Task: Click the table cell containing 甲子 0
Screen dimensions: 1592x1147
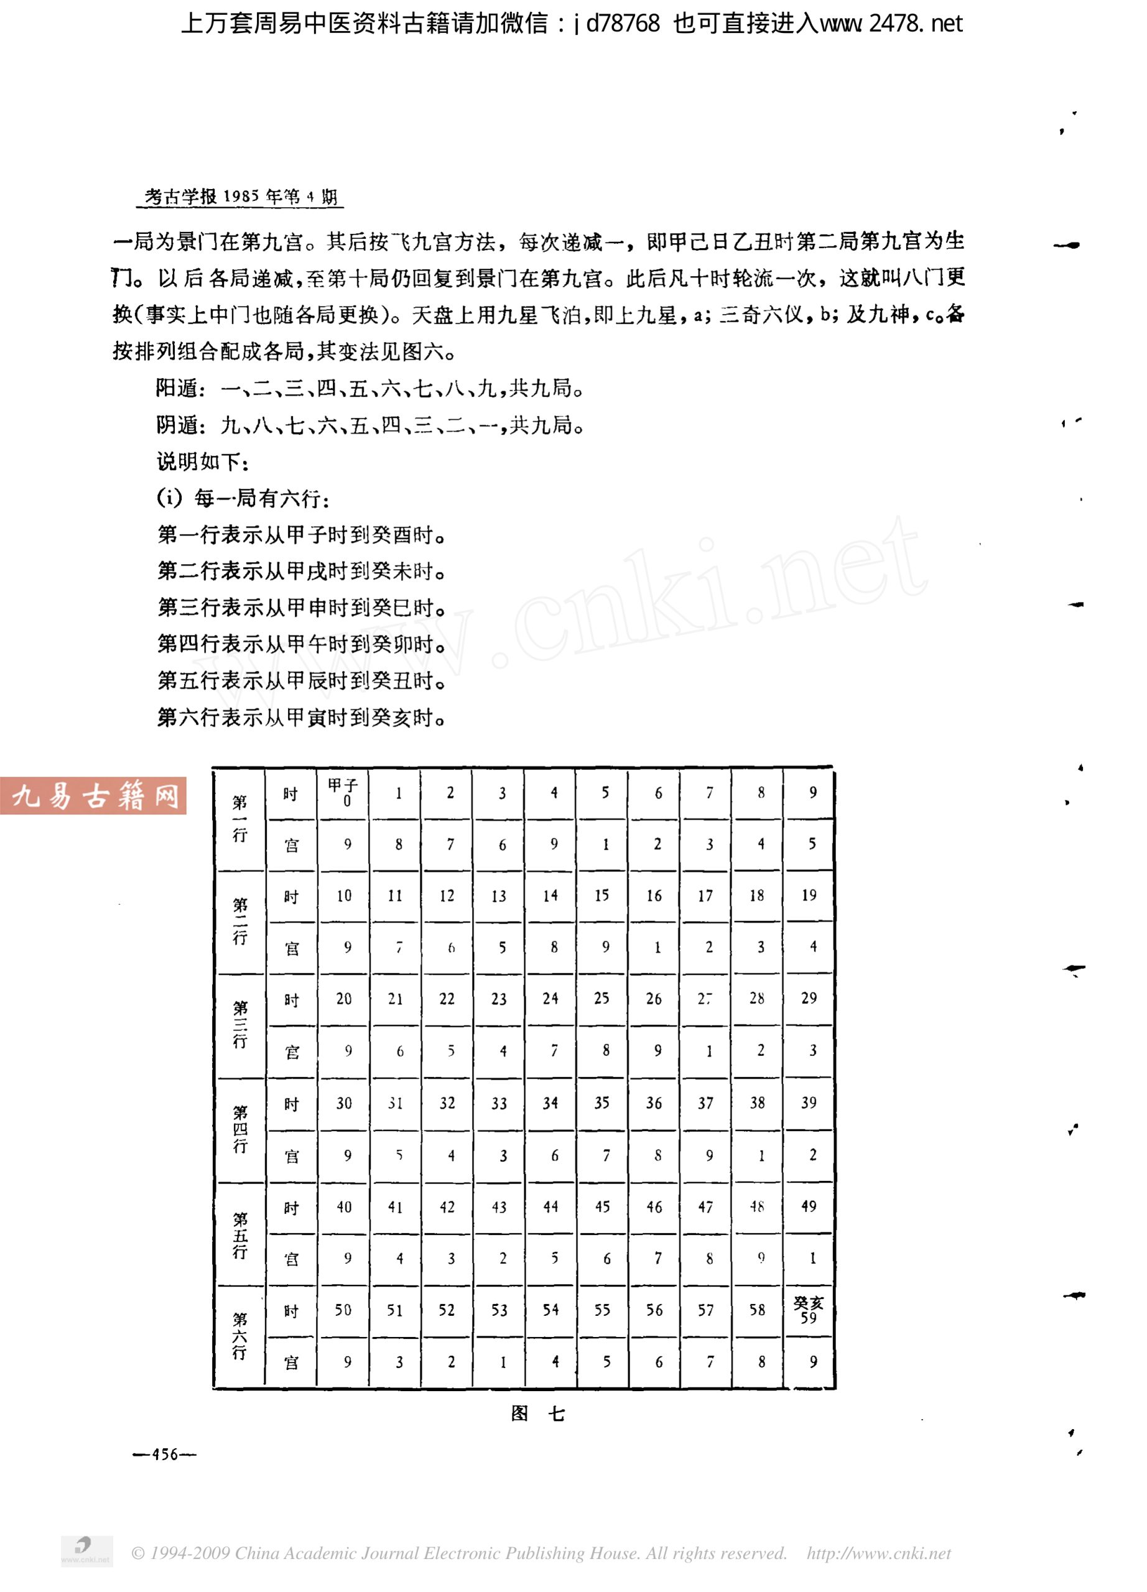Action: [x=343, y=792]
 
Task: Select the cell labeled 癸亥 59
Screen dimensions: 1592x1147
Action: [x=808, y=1310]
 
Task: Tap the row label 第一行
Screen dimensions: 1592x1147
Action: [x=239, y=818]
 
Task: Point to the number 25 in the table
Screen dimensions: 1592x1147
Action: [x=601, y=998]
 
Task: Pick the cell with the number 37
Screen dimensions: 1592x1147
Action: [x=705, y=1103]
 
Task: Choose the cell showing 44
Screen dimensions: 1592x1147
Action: [x=550, y=1206]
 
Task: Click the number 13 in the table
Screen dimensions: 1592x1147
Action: [x=498, y=895]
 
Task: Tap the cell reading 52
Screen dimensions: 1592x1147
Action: [x=447, y=1310]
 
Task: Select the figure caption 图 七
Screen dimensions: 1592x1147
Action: [x=537, y=1414]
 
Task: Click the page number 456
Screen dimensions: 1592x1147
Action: [x=164, y=1455]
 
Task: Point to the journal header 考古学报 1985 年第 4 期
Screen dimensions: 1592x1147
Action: [x=241, y=197]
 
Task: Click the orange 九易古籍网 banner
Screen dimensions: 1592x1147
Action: [x=93, y=795]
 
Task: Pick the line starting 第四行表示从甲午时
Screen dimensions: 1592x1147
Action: [x=300, y=644]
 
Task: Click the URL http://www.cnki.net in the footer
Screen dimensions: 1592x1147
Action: [x=878, y=1553]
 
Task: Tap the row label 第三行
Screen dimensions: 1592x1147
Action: [x=239, y=1025]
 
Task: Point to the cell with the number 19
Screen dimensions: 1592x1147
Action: [x=809, y=895]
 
